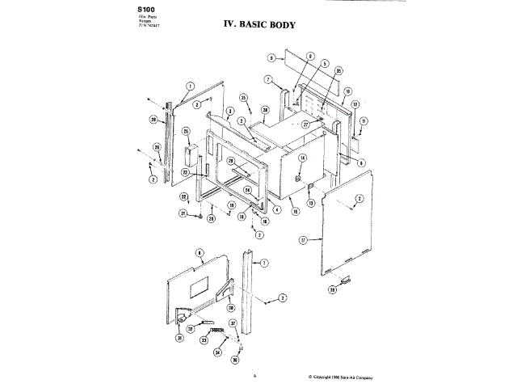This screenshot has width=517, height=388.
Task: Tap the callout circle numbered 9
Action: coord(272,58)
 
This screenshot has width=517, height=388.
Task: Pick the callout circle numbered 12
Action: coord(355,105)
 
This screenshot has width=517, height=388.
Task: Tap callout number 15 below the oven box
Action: coord(296,212)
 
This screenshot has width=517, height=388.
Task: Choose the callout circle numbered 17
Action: coord(303,240)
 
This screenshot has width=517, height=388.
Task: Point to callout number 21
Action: coord(183,213)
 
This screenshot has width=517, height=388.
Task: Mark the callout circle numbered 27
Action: coord(306,125)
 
